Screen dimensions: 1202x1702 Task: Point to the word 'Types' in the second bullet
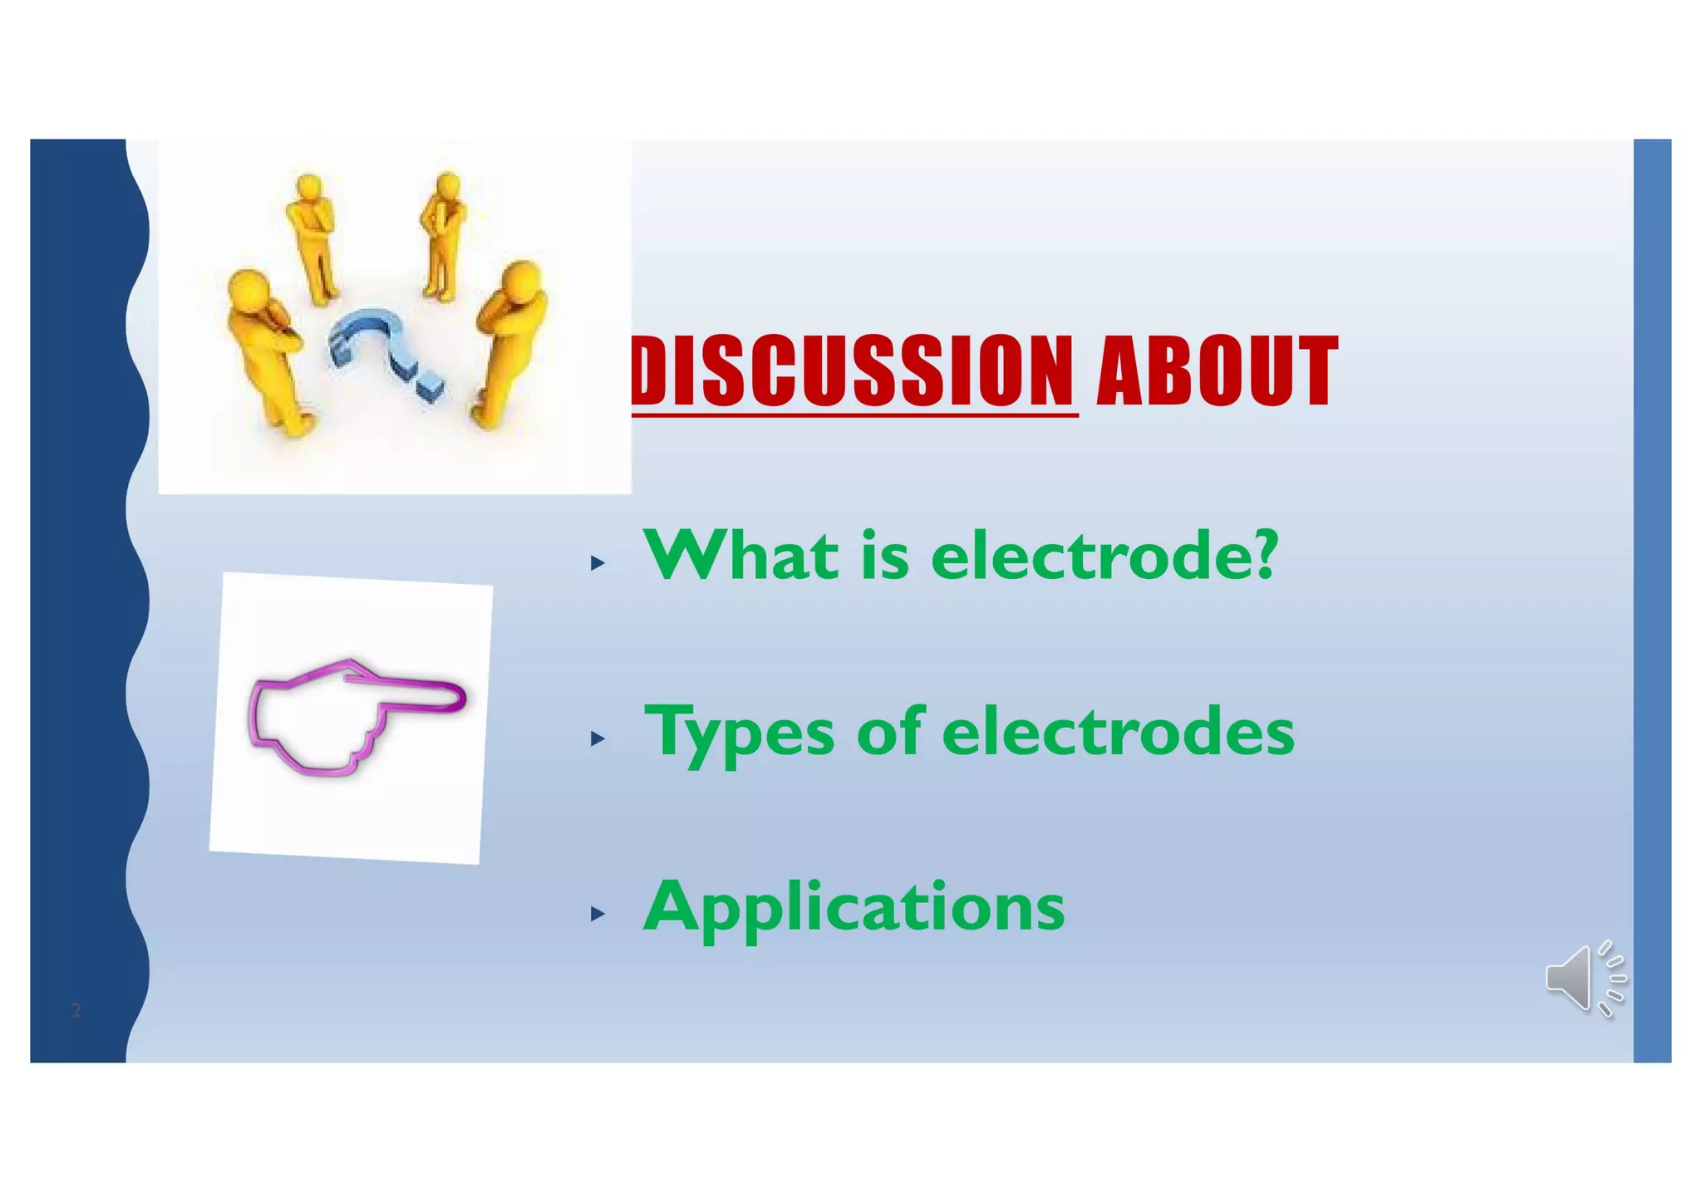coord(739,733)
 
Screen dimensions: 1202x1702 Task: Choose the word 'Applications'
coord(853,908)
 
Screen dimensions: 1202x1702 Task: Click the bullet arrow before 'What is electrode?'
coord(597,564)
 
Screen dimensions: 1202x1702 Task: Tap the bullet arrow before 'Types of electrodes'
coord(597,738)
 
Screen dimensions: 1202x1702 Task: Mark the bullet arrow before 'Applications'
coord(597,915)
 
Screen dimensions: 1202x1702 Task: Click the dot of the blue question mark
coord(430,388)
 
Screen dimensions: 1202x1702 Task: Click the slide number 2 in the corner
coord(76,1010)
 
